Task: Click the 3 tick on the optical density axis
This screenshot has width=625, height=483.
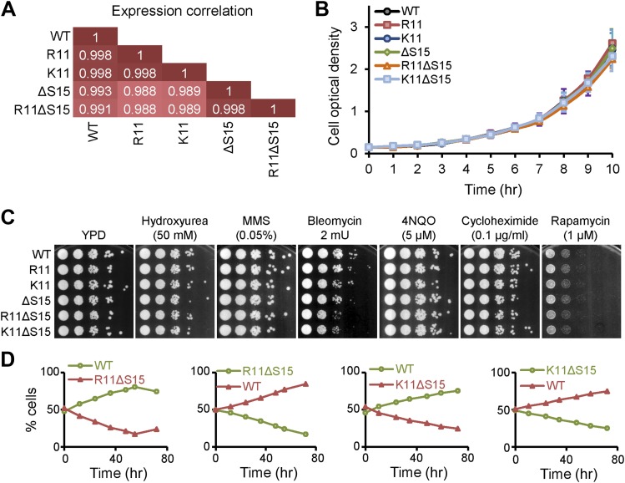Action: (x=355, y=28)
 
